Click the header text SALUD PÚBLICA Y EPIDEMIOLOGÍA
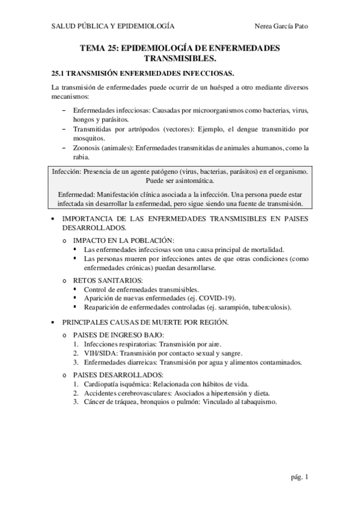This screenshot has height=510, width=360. [x=113, y=26]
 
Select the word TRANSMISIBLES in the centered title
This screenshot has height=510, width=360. [x=180, y=59]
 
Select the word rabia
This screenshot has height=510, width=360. [x=81, y=158]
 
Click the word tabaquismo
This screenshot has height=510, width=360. [x=258, y=402]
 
